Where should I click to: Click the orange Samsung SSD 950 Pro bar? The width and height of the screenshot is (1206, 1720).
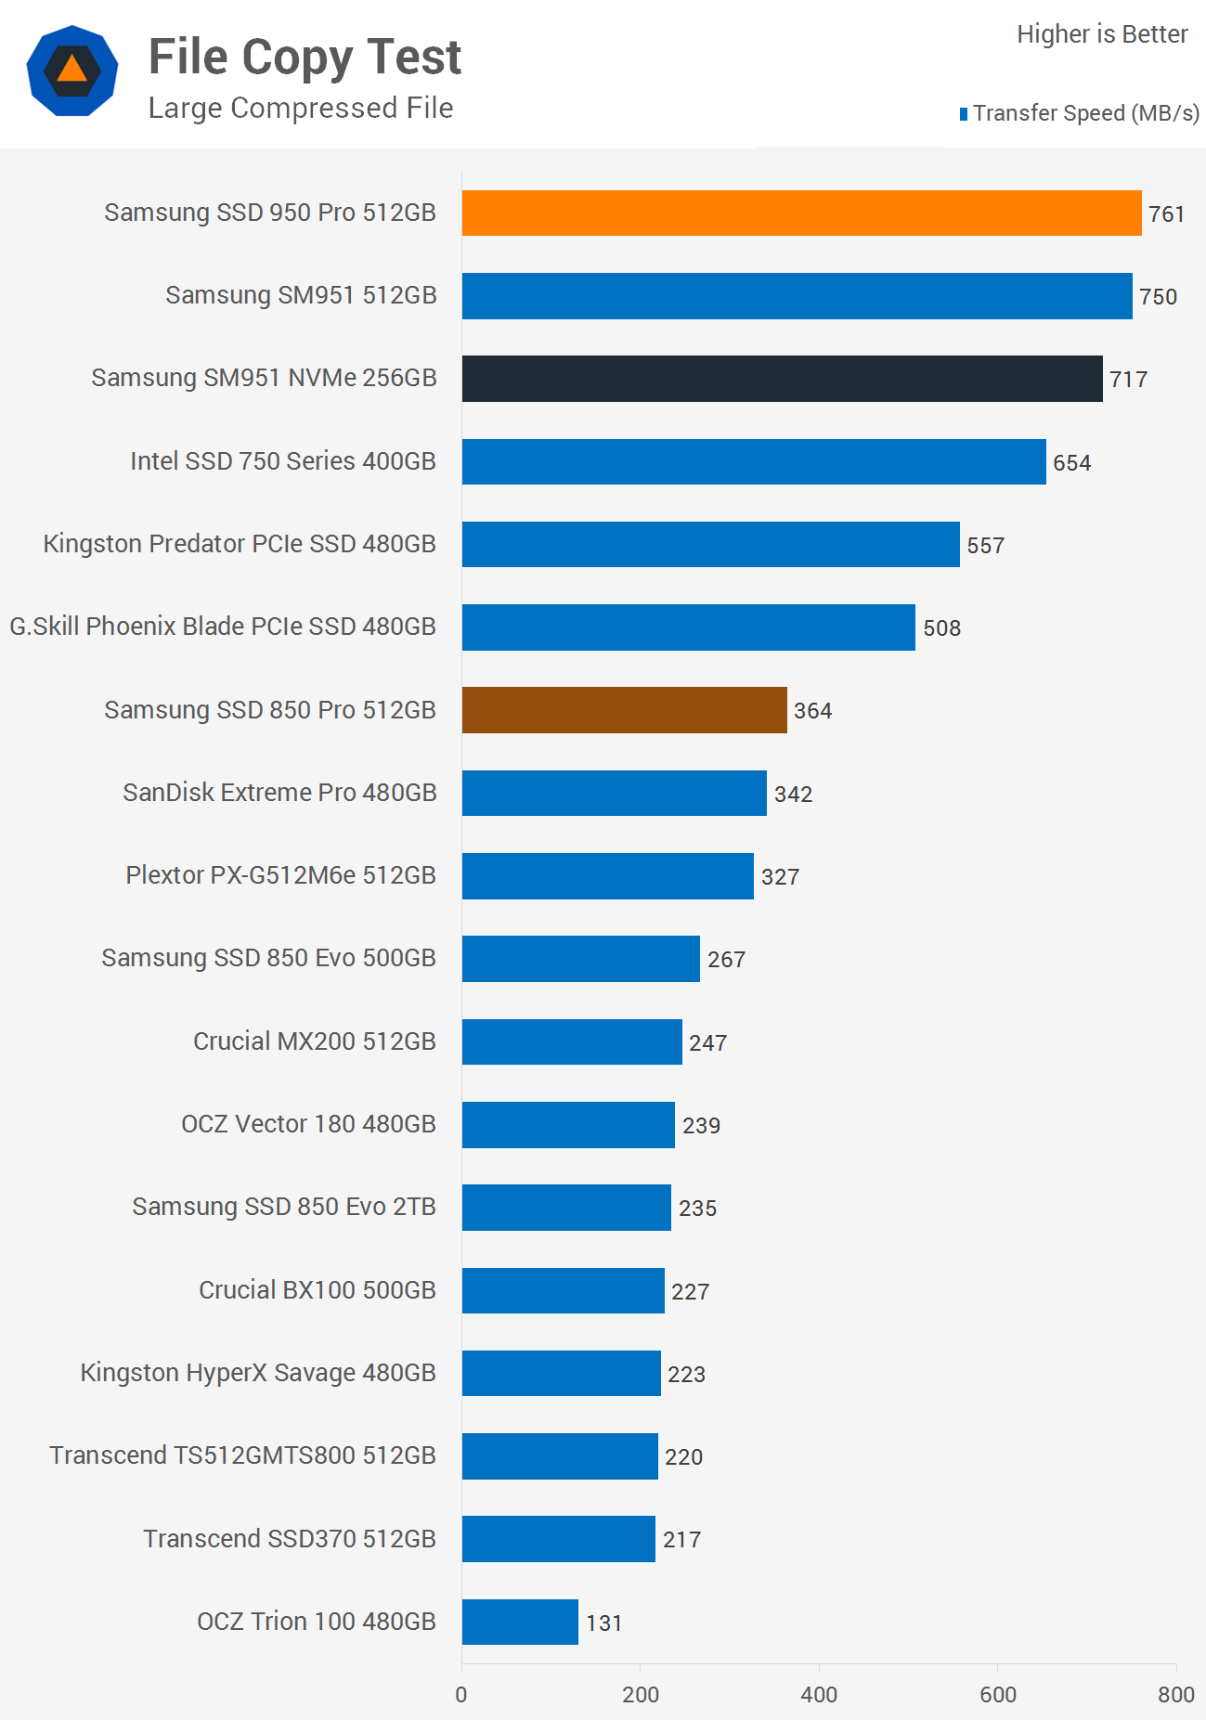(x=801, y=213)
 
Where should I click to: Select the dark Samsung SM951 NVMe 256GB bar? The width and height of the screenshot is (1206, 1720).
(x=782, y=379)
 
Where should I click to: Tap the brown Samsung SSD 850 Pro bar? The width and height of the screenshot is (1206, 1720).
(x=624, y=710)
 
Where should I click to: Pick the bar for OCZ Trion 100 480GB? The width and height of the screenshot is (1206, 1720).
(x=520, y=1622)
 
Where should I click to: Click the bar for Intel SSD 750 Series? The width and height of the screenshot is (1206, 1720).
(x=754, y=461)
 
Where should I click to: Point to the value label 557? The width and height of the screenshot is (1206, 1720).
(x=985, y=546)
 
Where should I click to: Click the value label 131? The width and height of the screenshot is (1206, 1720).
(x=603, y=1623)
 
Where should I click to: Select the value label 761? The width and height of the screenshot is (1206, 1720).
(x=1166, y=214)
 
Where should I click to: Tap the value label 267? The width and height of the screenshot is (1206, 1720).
(x=726, y=960)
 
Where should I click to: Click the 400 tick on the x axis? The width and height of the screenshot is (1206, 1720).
(x=819, y=1695)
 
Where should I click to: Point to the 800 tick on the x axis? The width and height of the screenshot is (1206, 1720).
(x=1175, y=1695)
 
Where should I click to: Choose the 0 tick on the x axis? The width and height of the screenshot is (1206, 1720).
(x=461, y=1695)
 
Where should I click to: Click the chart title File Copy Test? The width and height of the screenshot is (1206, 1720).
(x=305, y=58)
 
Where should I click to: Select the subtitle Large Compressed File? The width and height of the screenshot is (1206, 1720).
(x=301, y=109)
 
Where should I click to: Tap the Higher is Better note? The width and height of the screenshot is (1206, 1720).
(x=1102, y=34)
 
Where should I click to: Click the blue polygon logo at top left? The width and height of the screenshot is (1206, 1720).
(x=72, y=71)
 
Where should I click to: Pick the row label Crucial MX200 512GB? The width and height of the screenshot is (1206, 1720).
(x=314, y=1041)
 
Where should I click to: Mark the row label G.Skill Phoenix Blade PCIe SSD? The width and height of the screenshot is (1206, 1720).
(x=222, y=627)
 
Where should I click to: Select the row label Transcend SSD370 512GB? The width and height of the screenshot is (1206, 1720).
(x=289, y=1539)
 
